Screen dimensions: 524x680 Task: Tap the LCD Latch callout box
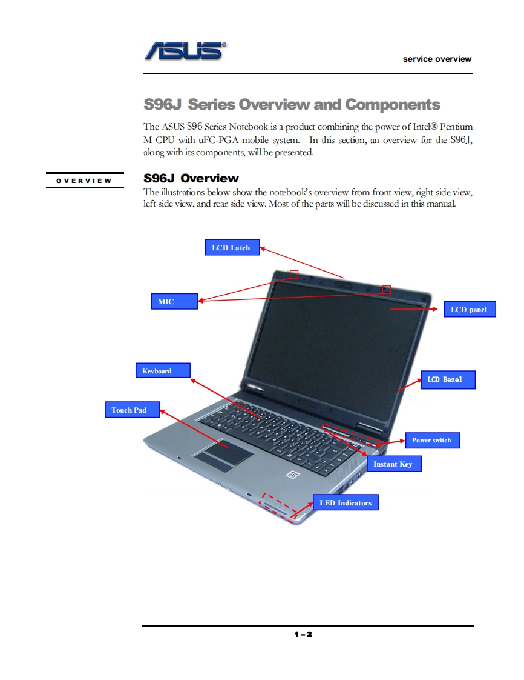point(231,247)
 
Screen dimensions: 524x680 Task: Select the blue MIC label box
point(174,301)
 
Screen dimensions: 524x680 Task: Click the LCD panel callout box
point(469,309)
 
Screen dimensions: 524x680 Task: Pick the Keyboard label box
point(162,370)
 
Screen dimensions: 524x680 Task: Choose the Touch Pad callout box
point(132,410)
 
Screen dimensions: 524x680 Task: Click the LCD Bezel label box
point(448,379)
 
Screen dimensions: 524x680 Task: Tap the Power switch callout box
point(431,440)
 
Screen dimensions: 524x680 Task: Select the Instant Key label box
point(393,464)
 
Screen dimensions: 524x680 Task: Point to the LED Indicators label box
point(346,502)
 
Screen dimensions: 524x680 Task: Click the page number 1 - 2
point(303,635)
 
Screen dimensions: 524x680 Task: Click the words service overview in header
point(437,59)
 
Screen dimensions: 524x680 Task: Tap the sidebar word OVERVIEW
point(84,181)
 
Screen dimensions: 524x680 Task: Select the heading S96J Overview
point(191,178)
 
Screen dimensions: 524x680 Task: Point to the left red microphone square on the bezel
point(294,273)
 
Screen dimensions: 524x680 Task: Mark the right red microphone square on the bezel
point(387,290)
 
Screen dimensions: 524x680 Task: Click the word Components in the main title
point(393,104)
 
